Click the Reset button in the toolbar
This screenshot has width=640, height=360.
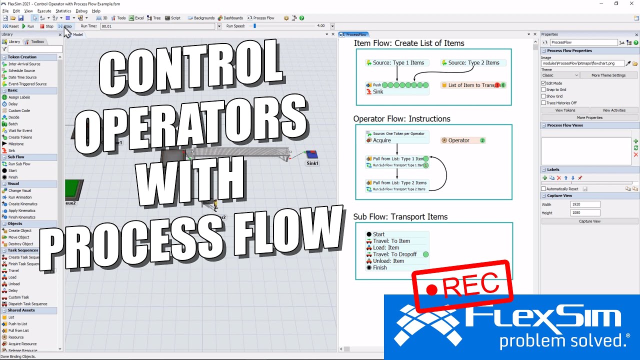tap(11, 26)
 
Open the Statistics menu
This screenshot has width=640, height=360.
tap(63, 10)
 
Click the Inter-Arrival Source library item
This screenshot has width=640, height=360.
tap(24, 64)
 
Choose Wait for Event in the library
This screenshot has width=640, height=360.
tap(20, 130)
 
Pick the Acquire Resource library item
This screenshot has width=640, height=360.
tap(22, 344)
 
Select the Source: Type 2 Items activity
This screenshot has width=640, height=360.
tap(473, 63)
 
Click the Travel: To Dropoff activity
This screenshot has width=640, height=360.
tap(394, 254)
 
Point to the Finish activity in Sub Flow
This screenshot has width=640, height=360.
tap(379, 267)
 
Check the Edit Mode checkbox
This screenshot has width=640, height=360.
tap(543, 83)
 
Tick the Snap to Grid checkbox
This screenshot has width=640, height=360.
tap(543, 90)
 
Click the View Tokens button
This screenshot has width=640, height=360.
tap(565, 110)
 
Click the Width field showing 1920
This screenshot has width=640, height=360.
tap(585, 204)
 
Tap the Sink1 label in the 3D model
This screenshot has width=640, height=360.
tap(312, 163)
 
